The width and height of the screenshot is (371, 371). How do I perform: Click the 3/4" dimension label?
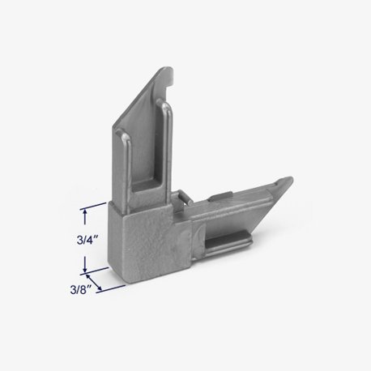[87, 240]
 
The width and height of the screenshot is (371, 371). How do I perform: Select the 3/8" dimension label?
[80, 290]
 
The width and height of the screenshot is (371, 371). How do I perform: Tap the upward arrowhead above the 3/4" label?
[85, 212]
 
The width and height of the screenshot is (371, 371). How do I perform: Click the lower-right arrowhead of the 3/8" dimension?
[100, 287]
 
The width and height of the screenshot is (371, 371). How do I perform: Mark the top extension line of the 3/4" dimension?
[93, 206]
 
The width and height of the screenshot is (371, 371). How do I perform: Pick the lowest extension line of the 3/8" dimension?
[111, 288]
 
